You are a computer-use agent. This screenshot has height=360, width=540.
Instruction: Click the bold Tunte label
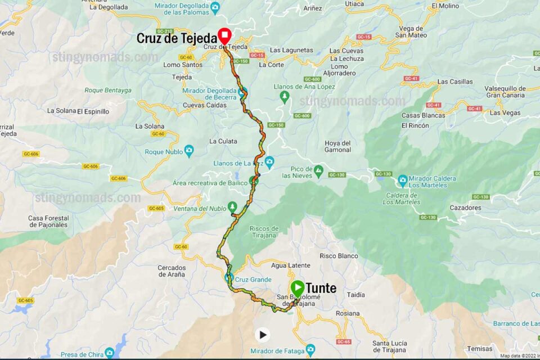point(321,289)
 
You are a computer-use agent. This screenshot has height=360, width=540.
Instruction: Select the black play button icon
point(262,335)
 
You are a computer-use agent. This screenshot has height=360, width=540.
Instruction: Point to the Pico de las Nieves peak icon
point(318,169)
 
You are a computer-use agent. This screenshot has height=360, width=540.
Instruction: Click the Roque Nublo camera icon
point(188,151)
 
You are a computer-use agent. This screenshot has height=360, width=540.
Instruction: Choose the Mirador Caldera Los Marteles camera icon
point(403,181)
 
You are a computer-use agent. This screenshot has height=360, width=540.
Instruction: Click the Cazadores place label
point(465,208)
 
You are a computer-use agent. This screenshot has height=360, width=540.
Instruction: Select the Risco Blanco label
point(339,256)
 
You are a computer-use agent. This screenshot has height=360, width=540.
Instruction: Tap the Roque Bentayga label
point(108,90)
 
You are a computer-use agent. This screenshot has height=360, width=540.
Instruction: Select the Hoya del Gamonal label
point(337,146)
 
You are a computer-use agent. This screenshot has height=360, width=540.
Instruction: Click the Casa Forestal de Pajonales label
point(48,222)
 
